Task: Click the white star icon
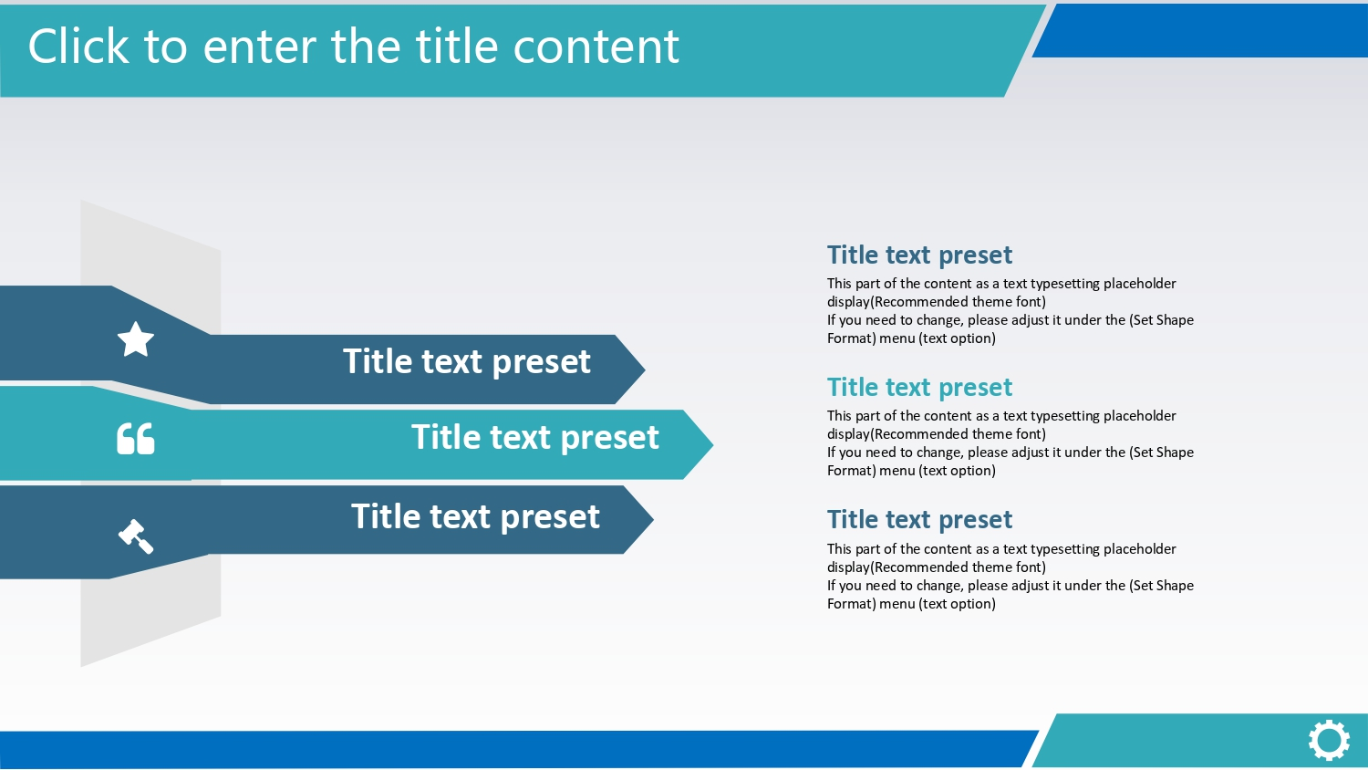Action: pos(136,338)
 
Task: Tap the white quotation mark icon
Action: pos(136,438)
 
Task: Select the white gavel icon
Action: pos(136,536)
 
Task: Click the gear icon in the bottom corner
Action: pos(1329,740)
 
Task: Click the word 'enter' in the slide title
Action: pos(259,47)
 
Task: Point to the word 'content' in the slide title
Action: pos(596,47)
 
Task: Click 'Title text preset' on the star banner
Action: pos(467,362)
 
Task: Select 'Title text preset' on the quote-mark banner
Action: pos(535,438)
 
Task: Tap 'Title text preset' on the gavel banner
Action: pos(475,517)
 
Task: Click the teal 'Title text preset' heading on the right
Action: pos(919,388)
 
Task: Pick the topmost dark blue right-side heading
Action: pos(919,255)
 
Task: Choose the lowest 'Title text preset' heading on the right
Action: pos(919,520)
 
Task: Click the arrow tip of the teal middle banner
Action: pos(712,444)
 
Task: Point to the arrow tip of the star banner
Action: pos(645,369)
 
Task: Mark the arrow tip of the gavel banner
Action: pos(654,519)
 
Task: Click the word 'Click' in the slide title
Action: pos(78,47)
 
